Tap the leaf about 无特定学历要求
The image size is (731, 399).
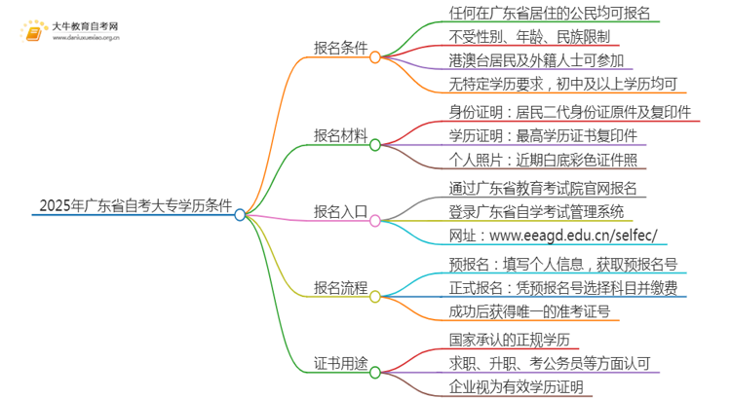[550, 85]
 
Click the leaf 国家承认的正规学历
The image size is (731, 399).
[491, 340]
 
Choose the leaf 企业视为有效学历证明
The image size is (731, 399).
[497, 387]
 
